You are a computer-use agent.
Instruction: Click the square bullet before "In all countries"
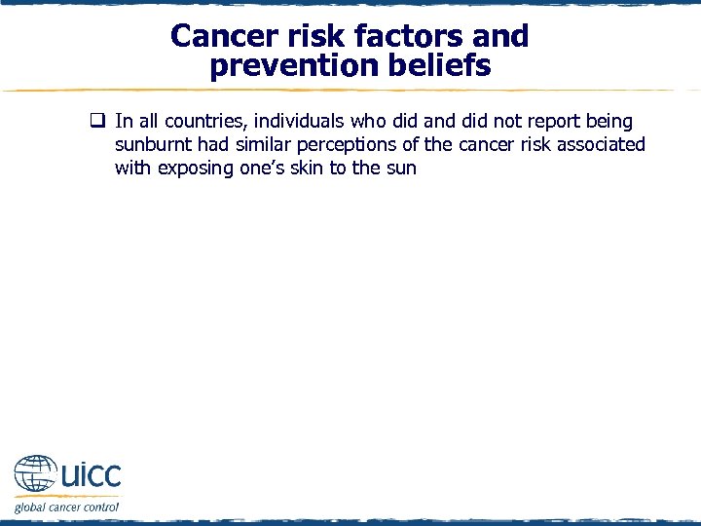(97, 122)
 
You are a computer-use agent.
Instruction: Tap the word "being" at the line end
(609, 122)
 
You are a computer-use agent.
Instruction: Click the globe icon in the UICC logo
(35, 475)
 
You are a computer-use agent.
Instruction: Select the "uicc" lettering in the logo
(91, 476)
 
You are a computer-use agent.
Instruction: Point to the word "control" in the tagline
(99, 507)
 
